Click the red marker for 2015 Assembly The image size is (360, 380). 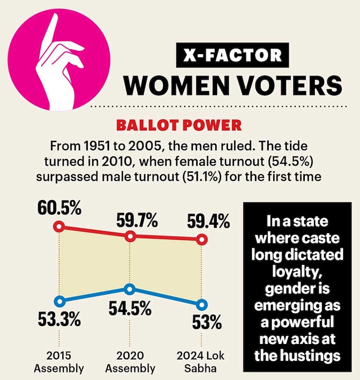point(59,226)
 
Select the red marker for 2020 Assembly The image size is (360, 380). point(130,236)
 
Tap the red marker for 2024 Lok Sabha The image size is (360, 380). point(202,238)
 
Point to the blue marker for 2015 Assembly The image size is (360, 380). point(59,301)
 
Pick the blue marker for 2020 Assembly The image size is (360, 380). point(130,289)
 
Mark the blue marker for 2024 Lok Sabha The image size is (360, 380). point(202,304)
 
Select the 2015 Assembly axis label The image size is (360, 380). point(59,363)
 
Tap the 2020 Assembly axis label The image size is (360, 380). point(130,363)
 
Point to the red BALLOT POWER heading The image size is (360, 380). point(180,125)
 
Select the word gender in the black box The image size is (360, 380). point(298,292)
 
